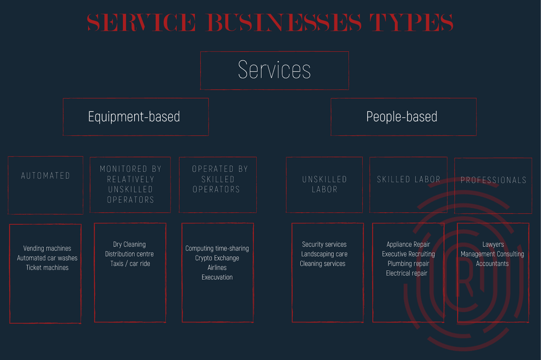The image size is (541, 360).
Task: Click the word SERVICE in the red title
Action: [x=141, y=22]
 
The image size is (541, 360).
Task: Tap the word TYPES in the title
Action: [x=411, y=22]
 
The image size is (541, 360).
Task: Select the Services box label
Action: [x=275, y=70]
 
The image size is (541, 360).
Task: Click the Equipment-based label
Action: [x=134, y=117]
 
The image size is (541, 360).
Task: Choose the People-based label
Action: [x=402, y=117]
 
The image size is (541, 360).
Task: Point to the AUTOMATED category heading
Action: [x=46, y=176]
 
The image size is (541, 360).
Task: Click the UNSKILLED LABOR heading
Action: [x=325, y=184]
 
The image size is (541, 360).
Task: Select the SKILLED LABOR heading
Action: [x=409, y=179]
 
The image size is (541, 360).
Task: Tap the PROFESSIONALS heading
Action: [x=493, y=180]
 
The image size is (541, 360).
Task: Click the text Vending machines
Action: [x=47, y=249]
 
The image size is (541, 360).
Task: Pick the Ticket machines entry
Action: [x=47, y=267]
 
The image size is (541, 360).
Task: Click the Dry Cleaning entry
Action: [x=129, y=245]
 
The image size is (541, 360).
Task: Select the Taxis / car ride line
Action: [x=130, y=263]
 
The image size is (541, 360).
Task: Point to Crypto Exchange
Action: [x=217, y=258]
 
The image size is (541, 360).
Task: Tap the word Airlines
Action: [x=217, y=267]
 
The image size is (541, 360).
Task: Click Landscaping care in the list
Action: [x=324, y=254]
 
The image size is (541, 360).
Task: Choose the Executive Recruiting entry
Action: [x=408, y=254]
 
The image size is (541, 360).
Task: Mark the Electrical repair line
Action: [x=407, y=273]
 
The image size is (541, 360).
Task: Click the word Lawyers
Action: [x=493, y=245]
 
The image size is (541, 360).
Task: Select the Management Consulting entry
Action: [x=493, y=254]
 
